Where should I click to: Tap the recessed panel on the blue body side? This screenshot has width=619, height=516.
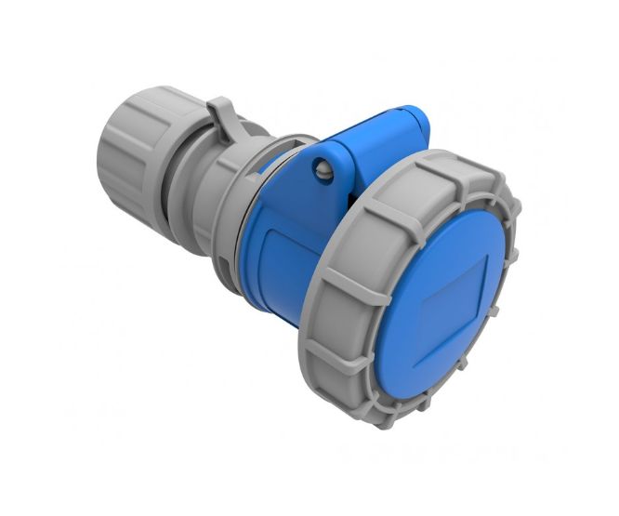point(279,270)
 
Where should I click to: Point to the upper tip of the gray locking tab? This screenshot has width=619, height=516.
point(216,100)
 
